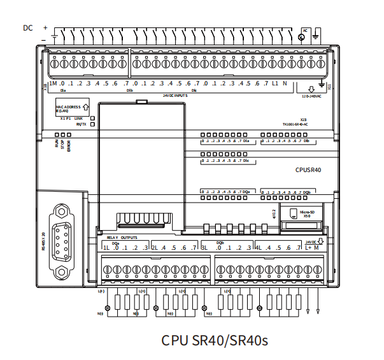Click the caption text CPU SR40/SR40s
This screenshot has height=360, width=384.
point(215,340)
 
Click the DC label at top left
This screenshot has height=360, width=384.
point(28,27)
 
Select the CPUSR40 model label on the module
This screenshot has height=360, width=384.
point(308,170)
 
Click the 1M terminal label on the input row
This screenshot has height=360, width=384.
point(53,84)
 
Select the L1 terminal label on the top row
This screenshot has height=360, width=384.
point(275,84)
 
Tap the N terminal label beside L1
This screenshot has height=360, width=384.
point(285,84)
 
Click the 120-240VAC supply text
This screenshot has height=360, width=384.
point(311,97)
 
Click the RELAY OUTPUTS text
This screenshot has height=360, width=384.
point(122,237)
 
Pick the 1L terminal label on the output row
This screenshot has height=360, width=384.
point(106,248)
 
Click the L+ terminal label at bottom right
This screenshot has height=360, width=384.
point(308,248)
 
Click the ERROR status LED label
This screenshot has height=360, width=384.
point(68,145)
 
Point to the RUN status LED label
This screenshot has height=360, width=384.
point(57,144)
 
